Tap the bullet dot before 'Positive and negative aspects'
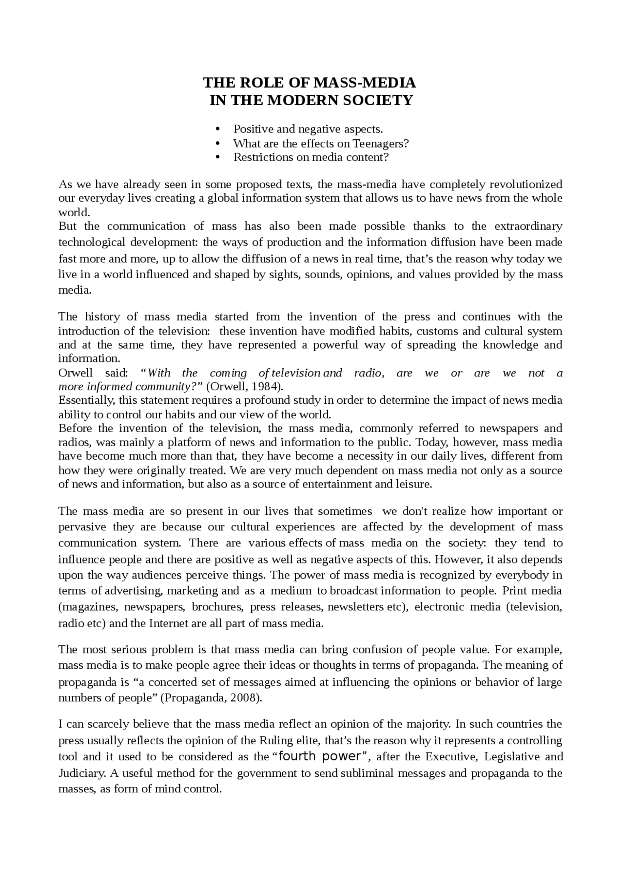tap(218, 130)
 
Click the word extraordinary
tap(528, 226)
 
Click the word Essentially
tap(86, 400)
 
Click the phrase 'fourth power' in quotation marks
tap(321, 756)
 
